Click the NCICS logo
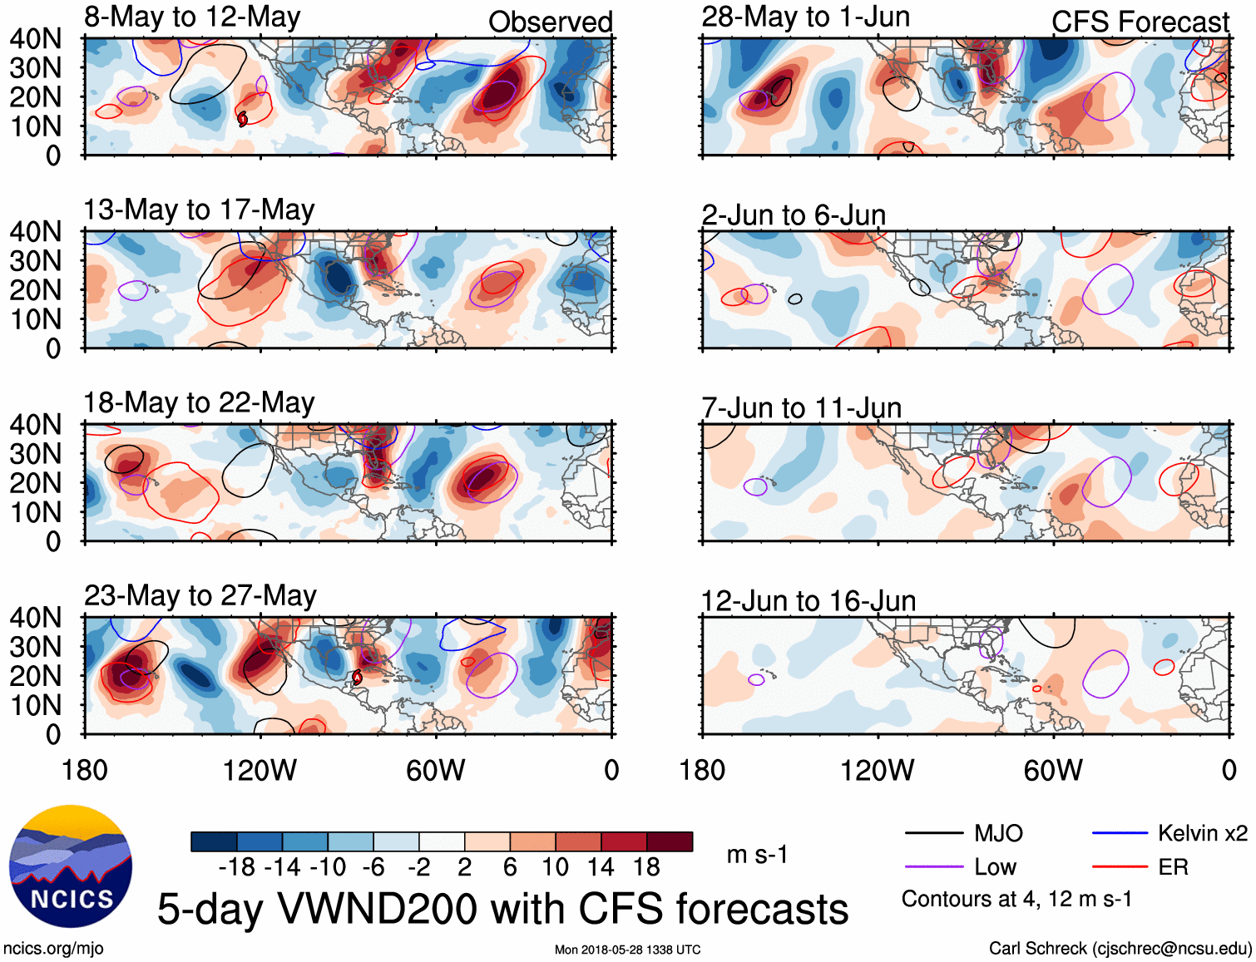pos(71,866)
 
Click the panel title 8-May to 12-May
pos(192,17)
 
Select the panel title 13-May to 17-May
pos(199,210)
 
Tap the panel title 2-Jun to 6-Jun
pos(794,215)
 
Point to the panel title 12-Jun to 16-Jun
pos(808,600)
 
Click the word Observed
pos(550,22)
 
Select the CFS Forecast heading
pos(1140,22)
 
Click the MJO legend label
pos(998,833)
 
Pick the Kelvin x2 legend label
pos(1202,833)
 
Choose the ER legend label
pos(1173,867)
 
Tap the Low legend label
pos(995,867)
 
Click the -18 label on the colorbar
pos(236,867)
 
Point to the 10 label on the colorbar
pos(555,867)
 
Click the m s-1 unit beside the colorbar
pos(757,855)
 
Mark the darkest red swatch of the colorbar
pos(670,841)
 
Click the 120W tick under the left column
pos(260,770)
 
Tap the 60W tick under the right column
pos(1053,770)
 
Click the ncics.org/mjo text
pos(53,948)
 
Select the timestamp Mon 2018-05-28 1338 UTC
pos(627,950)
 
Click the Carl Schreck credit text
pos(1120,948)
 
